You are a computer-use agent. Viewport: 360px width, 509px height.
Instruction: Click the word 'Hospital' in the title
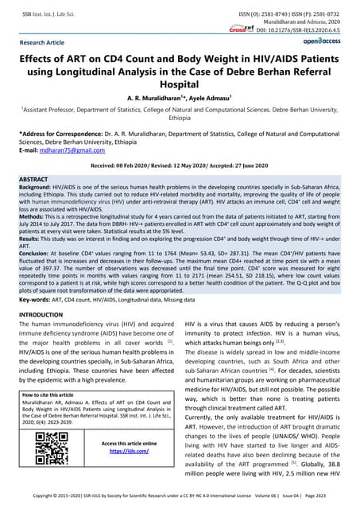coord(180,82)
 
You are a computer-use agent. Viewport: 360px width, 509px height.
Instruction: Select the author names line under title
coord(180,97)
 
